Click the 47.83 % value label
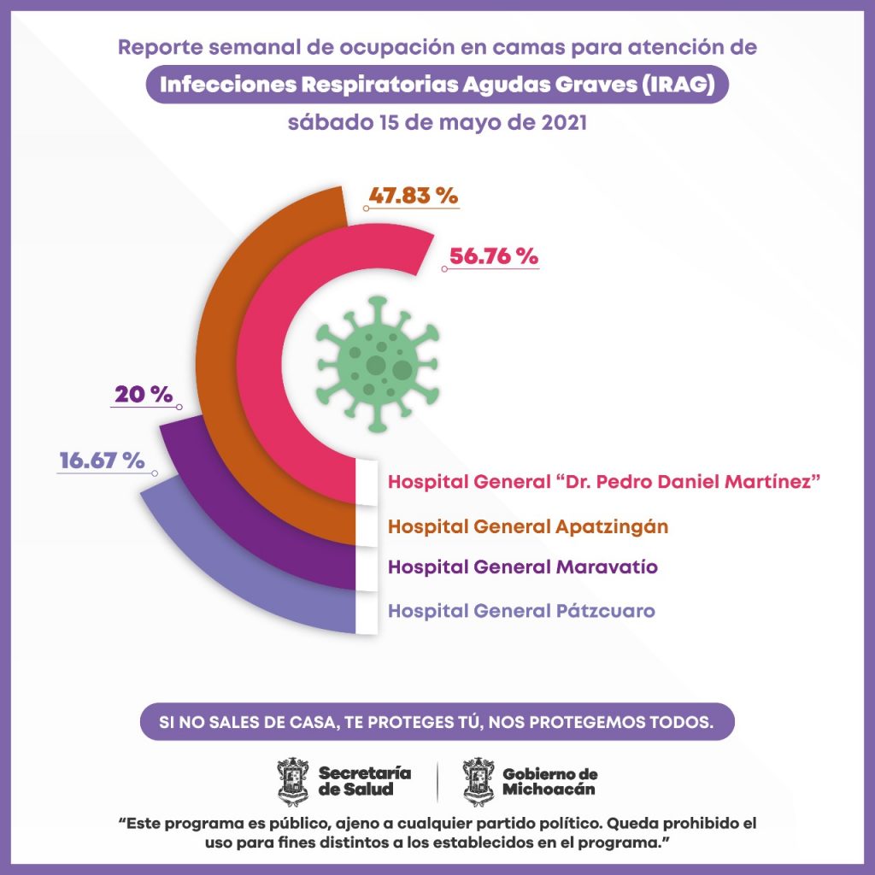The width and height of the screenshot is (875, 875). pyautogui.click(x=414, y=195)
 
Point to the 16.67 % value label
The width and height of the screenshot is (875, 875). pyautogui.click(x=101, y=461)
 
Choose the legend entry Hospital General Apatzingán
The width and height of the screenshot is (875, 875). pyautogui.click(x=527, y=526)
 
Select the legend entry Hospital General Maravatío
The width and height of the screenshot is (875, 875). pyautogui.click(x=522, y=567)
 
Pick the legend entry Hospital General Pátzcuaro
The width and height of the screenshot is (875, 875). pyautogui.click(x=521, y=611)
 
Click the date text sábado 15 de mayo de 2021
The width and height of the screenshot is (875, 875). pyautogui.click(x=437, y=122)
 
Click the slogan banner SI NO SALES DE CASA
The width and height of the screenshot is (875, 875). pyautogui.click(x=437, y=720)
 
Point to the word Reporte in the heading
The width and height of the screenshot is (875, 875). pyautogui.click(x=155, y=46)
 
